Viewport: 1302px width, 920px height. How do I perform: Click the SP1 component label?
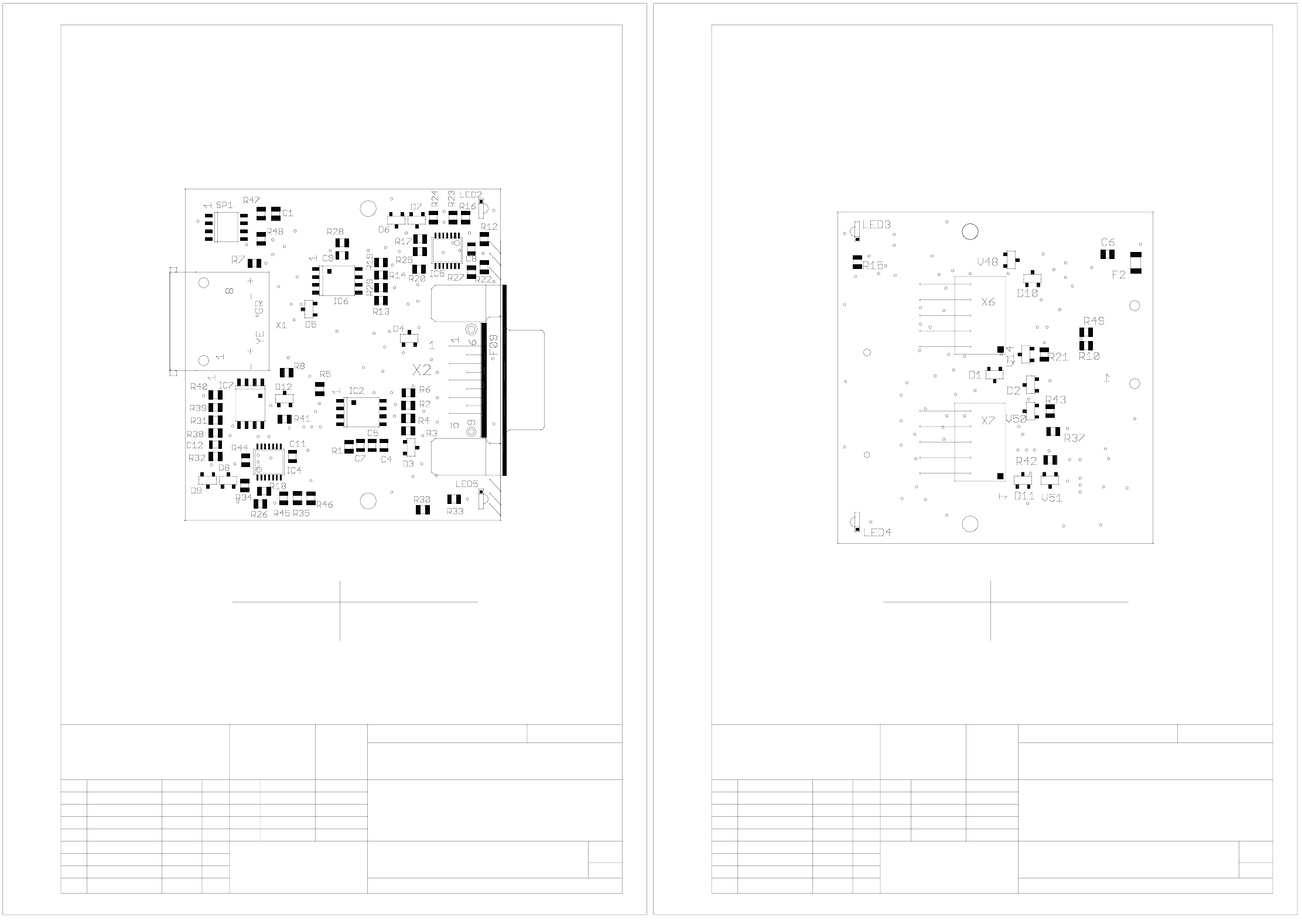coord(224,205)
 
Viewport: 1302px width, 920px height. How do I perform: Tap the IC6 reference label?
coord(341,301)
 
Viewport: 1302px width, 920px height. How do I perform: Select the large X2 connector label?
coord(422,370)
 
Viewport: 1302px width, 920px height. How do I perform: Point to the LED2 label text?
coord(471,195)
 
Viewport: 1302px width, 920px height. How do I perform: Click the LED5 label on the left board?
coord(467,484)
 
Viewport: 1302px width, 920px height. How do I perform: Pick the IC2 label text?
coord(356,391)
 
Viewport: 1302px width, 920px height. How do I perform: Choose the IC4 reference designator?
coord(294,470)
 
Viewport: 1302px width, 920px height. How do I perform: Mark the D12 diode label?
coord(283,387)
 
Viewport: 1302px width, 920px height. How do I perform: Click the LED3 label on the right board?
coord(877,224)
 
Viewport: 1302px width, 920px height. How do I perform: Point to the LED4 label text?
coord(877,533)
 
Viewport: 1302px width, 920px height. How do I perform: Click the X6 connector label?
coord(988,302)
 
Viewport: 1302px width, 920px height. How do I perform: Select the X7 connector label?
coord(988,421)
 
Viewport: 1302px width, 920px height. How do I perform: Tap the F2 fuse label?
coord(1119,275)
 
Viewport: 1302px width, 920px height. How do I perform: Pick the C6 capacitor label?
coord(1108,242)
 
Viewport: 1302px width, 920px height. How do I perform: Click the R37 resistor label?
coord(1075,438)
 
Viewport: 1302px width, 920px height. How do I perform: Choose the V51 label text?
coord(1052,498)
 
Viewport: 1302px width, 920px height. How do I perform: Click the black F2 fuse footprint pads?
coord(1136,263)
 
